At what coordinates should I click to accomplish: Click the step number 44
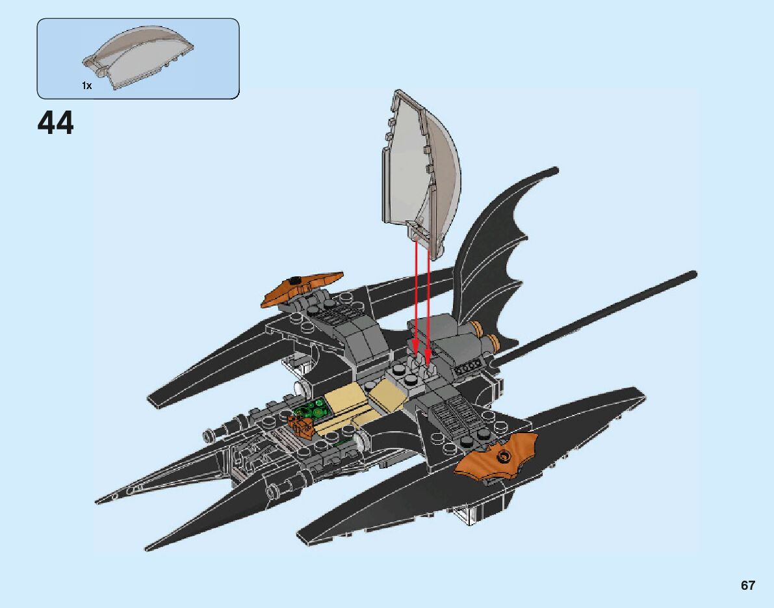56,123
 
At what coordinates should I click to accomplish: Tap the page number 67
747,585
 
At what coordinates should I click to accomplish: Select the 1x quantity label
87,85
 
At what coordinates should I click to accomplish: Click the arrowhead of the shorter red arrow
415,354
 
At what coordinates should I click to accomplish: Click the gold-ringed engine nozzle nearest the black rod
493,341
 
